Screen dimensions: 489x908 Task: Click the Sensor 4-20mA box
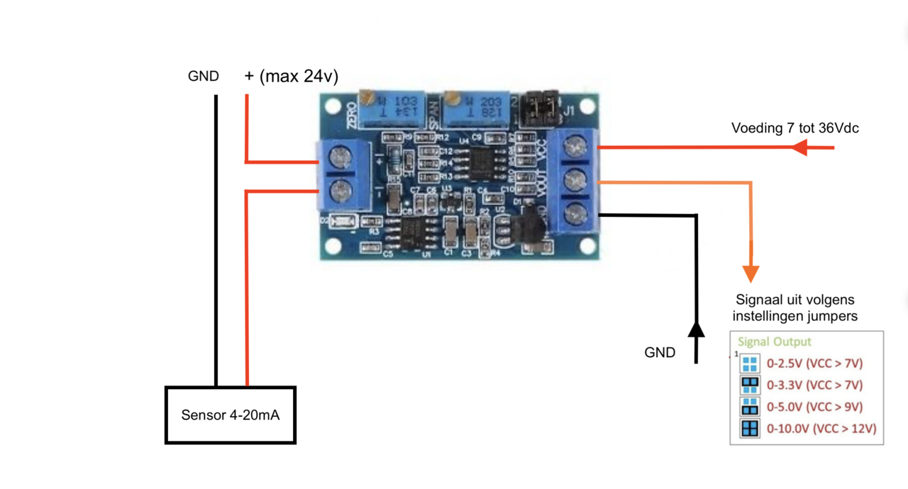(231, 415)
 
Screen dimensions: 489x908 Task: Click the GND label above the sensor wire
(204, 77)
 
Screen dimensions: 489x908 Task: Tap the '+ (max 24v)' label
(292, 77)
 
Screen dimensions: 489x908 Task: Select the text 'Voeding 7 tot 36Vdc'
(795, 128)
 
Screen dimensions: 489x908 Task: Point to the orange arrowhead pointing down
(751, 274)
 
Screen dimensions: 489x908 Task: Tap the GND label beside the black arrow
(660, 352)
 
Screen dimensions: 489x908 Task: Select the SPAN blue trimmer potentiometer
(475, 111)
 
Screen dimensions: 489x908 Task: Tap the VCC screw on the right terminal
(574, 147)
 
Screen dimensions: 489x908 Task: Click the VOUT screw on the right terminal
(574, 181)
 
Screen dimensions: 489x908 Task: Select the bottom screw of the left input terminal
(342, 189)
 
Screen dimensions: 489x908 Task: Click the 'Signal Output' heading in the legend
(774, 342)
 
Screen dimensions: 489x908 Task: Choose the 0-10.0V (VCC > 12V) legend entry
(821, 429)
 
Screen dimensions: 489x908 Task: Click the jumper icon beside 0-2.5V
(750, 364)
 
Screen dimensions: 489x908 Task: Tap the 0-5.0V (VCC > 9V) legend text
(815, 407)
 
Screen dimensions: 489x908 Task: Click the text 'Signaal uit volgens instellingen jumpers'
(794, 308)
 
